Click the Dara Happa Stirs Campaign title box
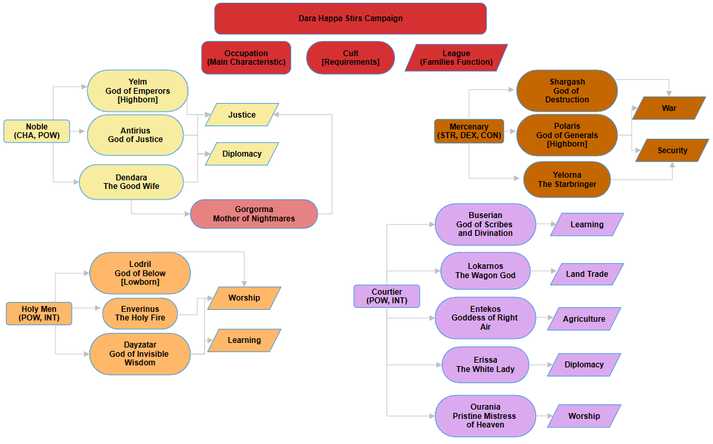click(350, 18)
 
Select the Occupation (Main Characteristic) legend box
click(246, 57)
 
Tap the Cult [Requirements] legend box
click(350, 57)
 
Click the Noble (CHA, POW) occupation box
click(37, 131)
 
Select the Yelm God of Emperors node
click(137, 91)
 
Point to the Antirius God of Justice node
click(135, 135)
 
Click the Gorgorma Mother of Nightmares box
click(254, 214)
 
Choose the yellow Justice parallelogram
click(242, 114)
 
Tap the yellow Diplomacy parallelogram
click(242, 154)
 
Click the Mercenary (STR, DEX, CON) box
click(469, 131)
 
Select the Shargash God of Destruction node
click(567, 91)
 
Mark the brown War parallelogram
click(669, 108)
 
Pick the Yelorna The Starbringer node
click(567, 180)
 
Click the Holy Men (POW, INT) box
click(38, 313)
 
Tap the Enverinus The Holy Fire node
click(140, 313)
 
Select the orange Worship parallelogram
click(244, 298)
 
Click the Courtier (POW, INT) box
click(387, 296)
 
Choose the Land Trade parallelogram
click(587, 274)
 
